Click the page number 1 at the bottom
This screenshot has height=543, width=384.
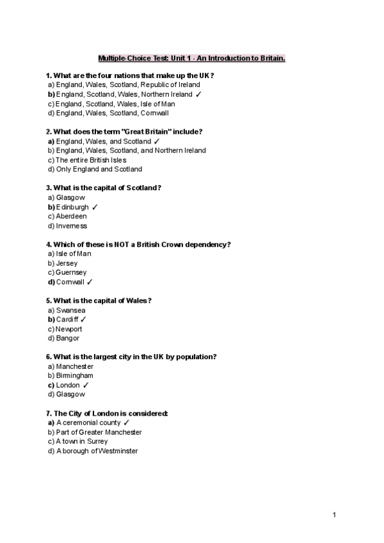click(334, 514)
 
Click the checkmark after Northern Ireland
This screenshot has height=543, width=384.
click(199, 94)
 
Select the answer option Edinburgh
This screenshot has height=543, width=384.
click(72, 207)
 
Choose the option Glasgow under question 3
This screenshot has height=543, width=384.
click(70, 198)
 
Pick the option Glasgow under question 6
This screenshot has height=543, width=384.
click(70, 394)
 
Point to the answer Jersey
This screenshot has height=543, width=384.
click(67, 263)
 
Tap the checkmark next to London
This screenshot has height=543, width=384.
click(86, 385)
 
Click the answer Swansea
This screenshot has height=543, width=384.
click(70, 311)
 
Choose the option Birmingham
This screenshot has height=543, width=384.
click(74, 376)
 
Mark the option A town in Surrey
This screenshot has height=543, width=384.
click(82, 442)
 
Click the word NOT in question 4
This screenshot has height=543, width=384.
click(123, 245)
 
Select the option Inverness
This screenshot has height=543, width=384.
click(71, 226)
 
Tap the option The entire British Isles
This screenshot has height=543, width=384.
click(91, 160)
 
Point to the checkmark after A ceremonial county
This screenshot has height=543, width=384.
click(126, 423)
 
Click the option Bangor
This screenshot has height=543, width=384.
click(67, 338)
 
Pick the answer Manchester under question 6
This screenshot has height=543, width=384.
click(74, 367)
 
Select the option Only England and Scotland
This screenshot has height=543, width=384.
click(99, 170)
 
